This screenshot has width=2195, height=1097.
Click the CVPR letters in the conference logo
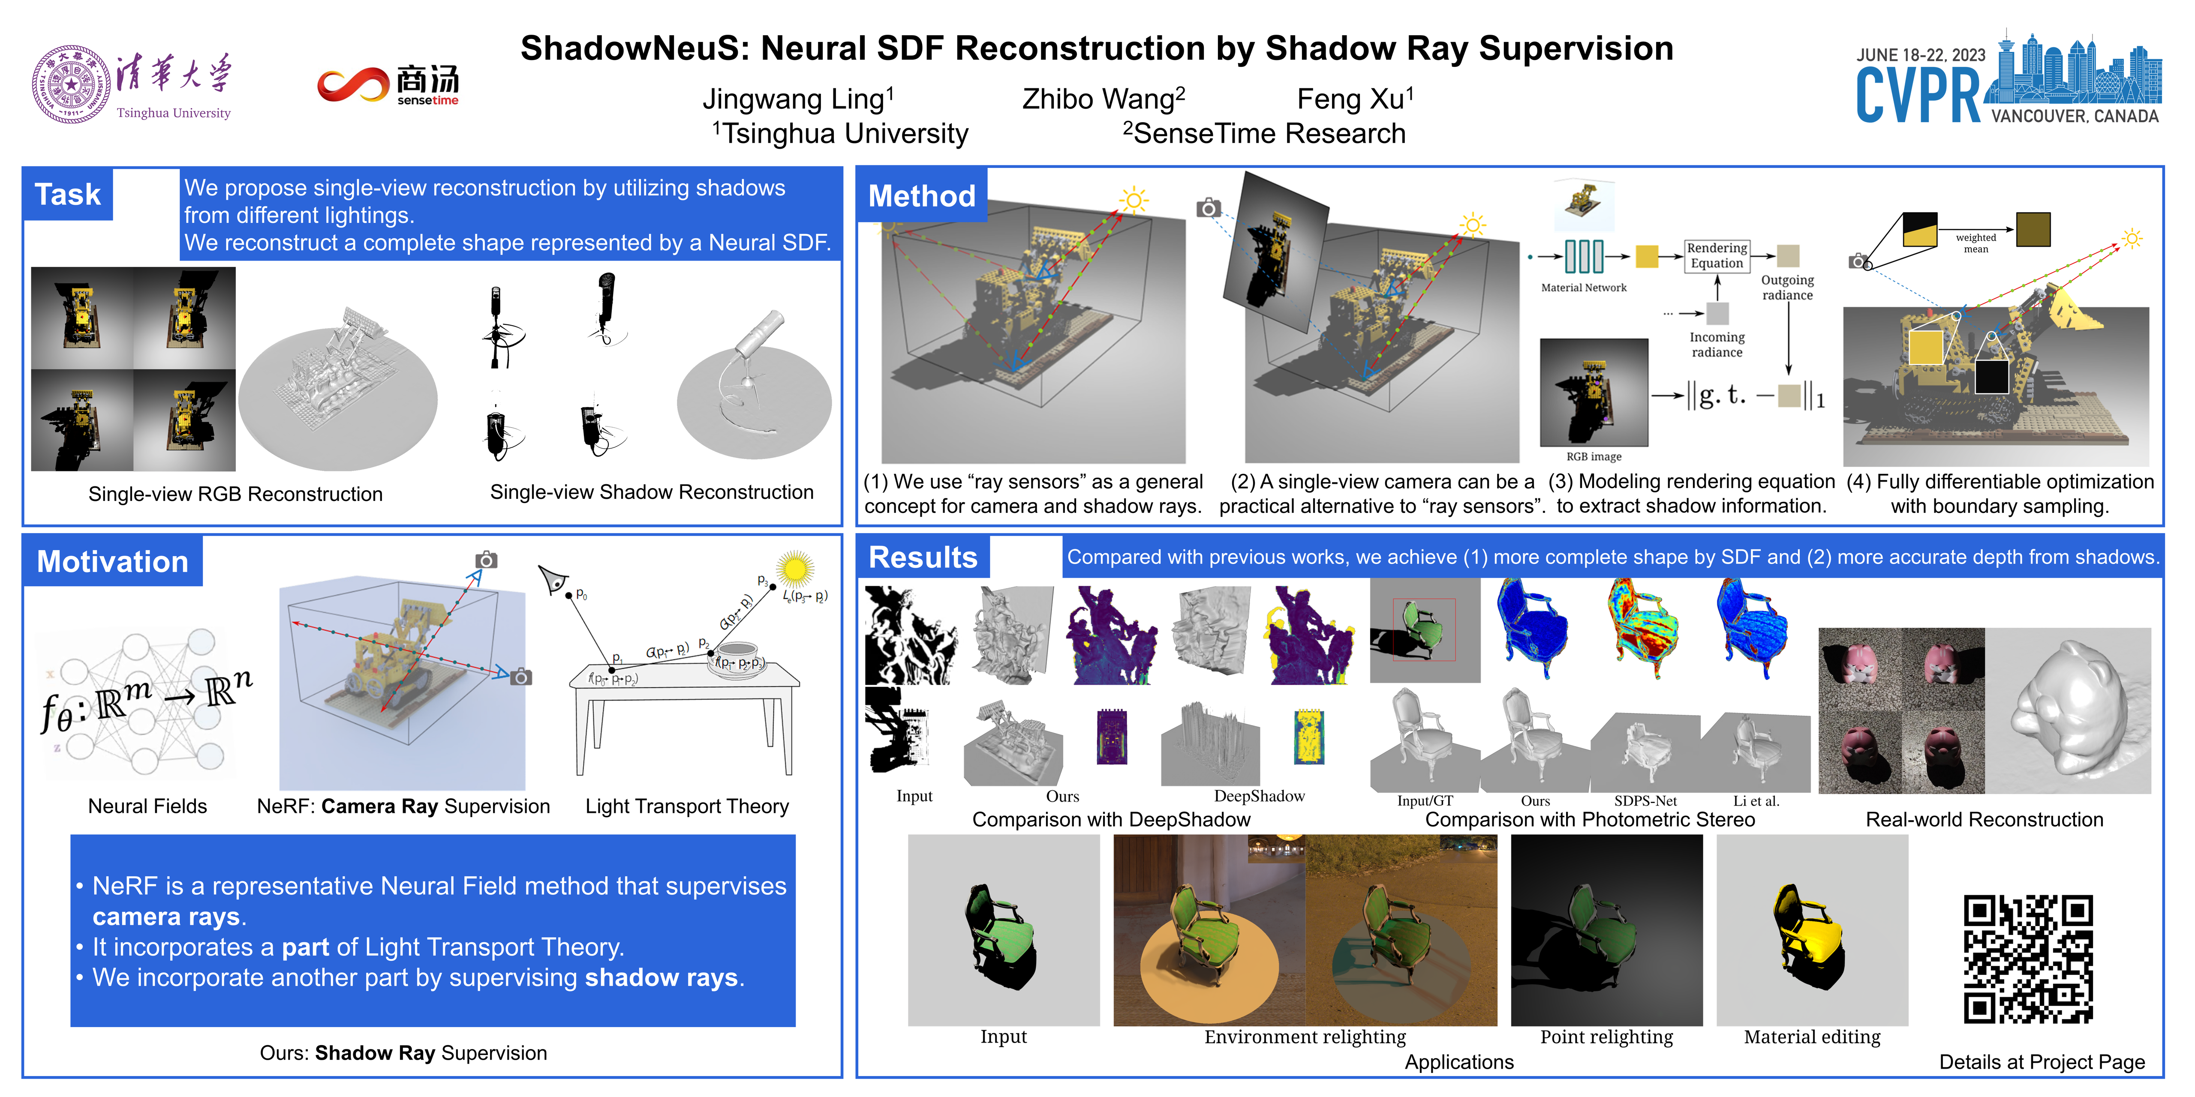point(1917,96)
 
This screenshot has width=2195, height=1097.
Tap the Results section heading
point(923,558)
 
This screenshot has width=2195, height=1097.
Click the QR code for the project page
point(2028,958)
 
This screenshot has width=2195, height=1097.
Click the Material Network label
point(1583,288)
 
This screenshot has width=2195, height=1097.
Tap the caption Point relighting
point(1606,1037)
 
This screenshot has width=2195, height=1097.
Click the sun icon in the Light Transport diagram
point(795,568)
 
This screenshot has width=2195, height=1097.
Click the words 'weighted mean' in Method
point(1975,243)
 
